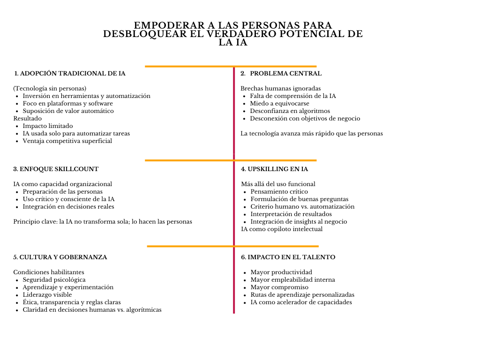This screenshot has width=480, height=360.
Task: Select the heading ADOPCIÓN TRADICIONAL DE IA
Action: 70,74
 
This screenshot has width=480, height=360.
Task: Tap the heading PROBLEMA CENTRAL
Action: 285,74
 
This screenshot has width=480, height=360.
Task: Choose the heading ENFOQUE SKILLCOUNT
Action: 56,169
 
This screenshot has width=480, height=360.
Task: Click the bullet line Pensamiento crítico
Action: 279,192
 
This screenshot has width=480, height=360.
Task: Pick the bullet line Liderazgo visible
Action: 47,295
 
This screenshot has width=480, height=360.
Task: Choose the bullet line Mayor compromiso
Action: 279,287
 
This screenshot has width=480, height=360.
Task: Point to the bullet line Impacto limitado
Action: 48,126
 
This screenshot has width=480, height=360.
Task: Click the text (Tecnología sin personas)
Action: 50,89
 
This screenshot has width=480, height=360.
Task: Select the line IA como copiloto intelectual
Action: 282,229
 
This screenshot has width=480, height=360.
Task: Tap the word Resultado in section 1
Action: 27,119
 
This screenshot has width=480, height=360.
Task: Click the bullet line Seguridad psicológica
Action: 54,280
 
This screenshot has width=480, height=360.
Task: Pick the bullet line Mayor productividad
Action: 281,272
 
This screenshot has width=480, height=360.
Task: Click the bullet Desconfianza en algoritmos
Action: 290,111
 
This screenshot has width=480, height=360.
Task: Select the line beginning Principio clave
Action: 103,222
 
